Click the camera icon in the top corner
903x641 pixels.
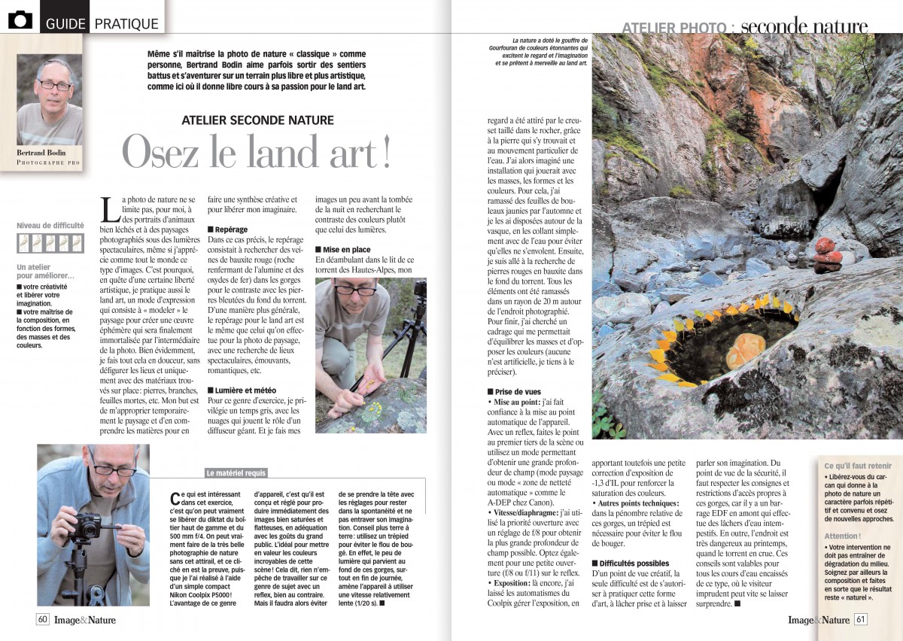(x=20, y=20)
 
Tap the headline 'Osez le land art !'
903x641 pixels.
(x=257, y=152)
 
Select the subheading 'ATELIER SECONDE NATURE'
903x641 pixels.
(x=258, y=120)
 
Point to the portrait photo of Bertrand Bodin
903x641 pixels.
(x=49, y=99)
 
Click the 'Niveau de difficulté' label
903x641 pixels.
(x=50, y=225)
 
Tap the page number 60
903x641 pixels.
(x=43, y=619)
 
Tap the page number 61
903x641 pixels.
(x=861, y=619)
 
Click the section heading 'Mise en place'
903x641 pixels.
(x=347, y=249)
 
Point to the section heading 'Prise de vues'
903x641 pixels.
(x=518, y=392)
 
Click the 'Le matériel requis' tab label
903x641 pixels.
(x=236, y=473)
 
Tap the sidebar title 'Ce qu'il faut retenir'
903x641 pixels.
(x=857, y=466)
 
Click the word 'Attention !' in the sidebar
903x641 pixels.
(x=843, y=536)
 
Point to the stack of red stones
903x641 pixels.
(x=828, y=256)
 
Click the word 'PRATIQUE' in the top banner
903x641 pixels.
(x=126, y=23)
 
